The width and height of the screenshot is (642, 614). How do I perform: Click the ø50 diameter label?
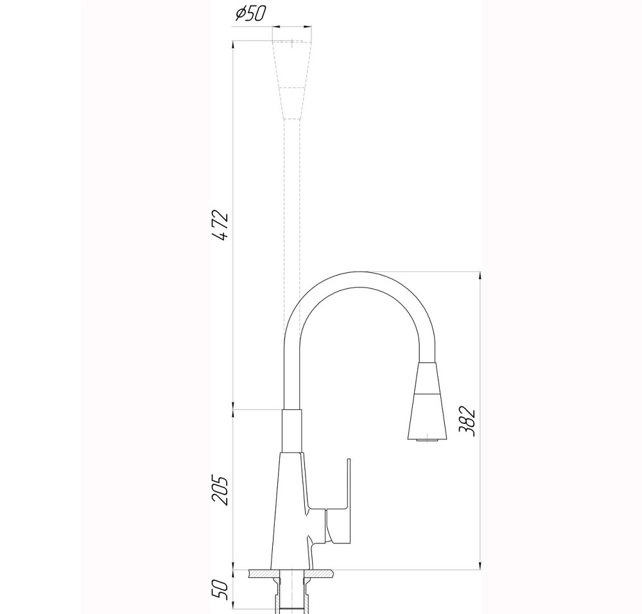[249, 13]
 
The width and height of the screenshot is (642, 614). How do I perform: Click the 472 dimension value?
[220, 225]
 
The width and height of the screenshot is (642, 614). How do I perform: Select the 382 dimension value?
[469, 422]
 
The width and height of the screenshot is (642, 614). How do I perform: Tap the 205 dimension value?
[220, 491]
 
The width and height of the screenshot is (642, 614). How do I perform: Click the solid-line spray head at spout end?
[425, 401]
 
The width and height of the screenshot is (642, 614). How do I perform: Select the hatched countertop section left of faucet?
[259, 573]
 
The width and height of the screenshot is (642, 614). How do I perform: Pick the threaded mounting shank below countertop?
[292, 594]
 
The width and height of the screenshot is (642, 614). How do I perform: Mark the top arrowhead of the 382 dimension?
[480, 276]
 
